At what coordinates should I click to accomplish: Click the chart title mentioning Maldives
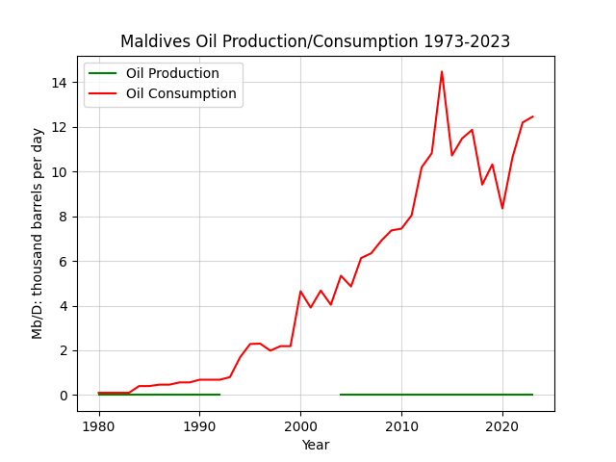click(315, 41)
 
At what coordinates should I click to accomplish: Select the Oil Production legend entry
click(154, 73)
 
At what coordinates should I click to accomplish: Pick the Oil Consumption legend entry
click(163, 94)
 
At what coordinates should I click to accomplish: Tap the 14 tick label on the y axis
click(59, 83)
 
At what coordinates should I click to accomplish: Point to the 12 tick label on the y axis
click(59, 127)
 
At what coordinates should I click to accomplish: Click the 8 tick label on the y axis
click(64, 217)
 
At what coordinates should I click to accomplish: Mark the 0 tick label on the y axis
click(64, 396)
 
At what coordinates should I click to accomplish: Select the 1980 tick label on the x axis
click(98, 426)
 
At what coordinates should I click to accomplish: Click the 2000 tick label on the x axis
click(300, 426)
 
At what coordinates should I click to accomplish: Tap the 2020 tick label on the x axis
click(502, 426)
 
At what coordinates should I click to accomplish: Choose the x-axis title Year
click(316, 445)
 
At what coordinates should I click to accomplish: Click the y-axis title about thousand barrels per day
click(37, 234)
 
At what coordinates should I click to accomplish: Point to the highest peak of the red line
click(442, 71)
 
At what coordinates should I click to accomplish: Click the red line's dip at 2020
click(502, 208)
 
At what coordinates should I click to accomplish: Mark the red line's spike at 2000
click(300, 291)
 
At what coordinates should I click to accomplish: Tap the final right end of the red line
click(532, 116)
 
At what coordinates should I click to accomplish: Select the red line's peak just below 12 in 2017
click(472, 130)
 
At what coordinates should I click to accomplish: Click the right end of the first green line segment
click(220, 395)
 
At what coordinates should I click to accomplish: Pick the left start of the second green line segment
click(340, 395)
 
